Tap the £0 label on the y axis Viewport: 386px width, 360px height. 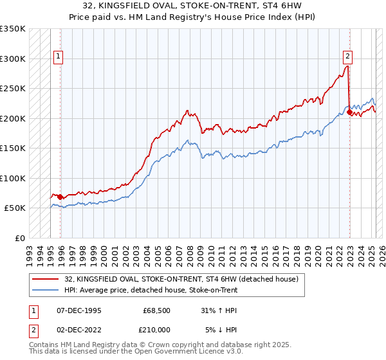[x=20, y=238]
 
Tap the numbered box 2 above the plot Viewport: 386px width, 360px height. [x=347, y=55]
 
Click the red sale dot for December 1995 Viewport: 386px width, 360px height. [x=60, y=197]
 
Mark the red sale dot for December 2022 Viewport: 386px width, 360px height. [x=349, y=113]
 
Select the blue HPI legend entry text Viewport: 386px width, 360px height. [x=151, y=291]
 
